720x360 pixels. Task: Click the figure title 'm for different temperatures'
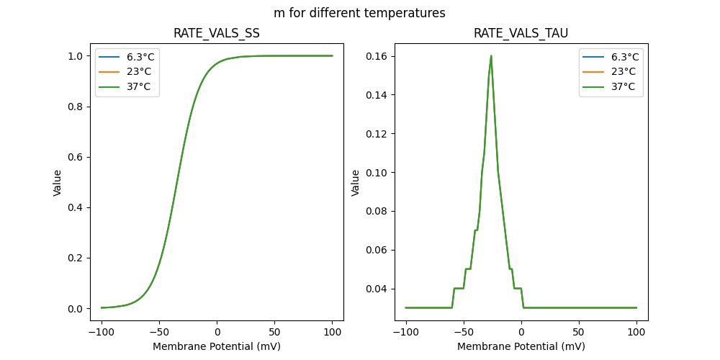(359, 13)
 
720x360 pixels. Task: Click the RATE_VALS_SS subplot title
(217, 34)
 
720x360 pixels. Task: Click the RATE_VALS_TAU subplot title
(521, 34)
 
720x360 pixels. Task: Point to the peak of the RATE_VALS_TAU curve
(491, 56)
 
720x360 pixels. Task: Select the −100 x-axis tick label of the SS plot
(102, 332)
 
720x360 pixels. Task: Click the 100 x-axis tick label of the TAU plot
(636, 332)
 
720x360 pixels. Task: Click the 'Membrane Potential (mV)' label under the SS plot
(217, 346)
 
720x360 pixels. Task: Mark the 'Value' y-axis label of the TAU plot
(355, 183)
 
